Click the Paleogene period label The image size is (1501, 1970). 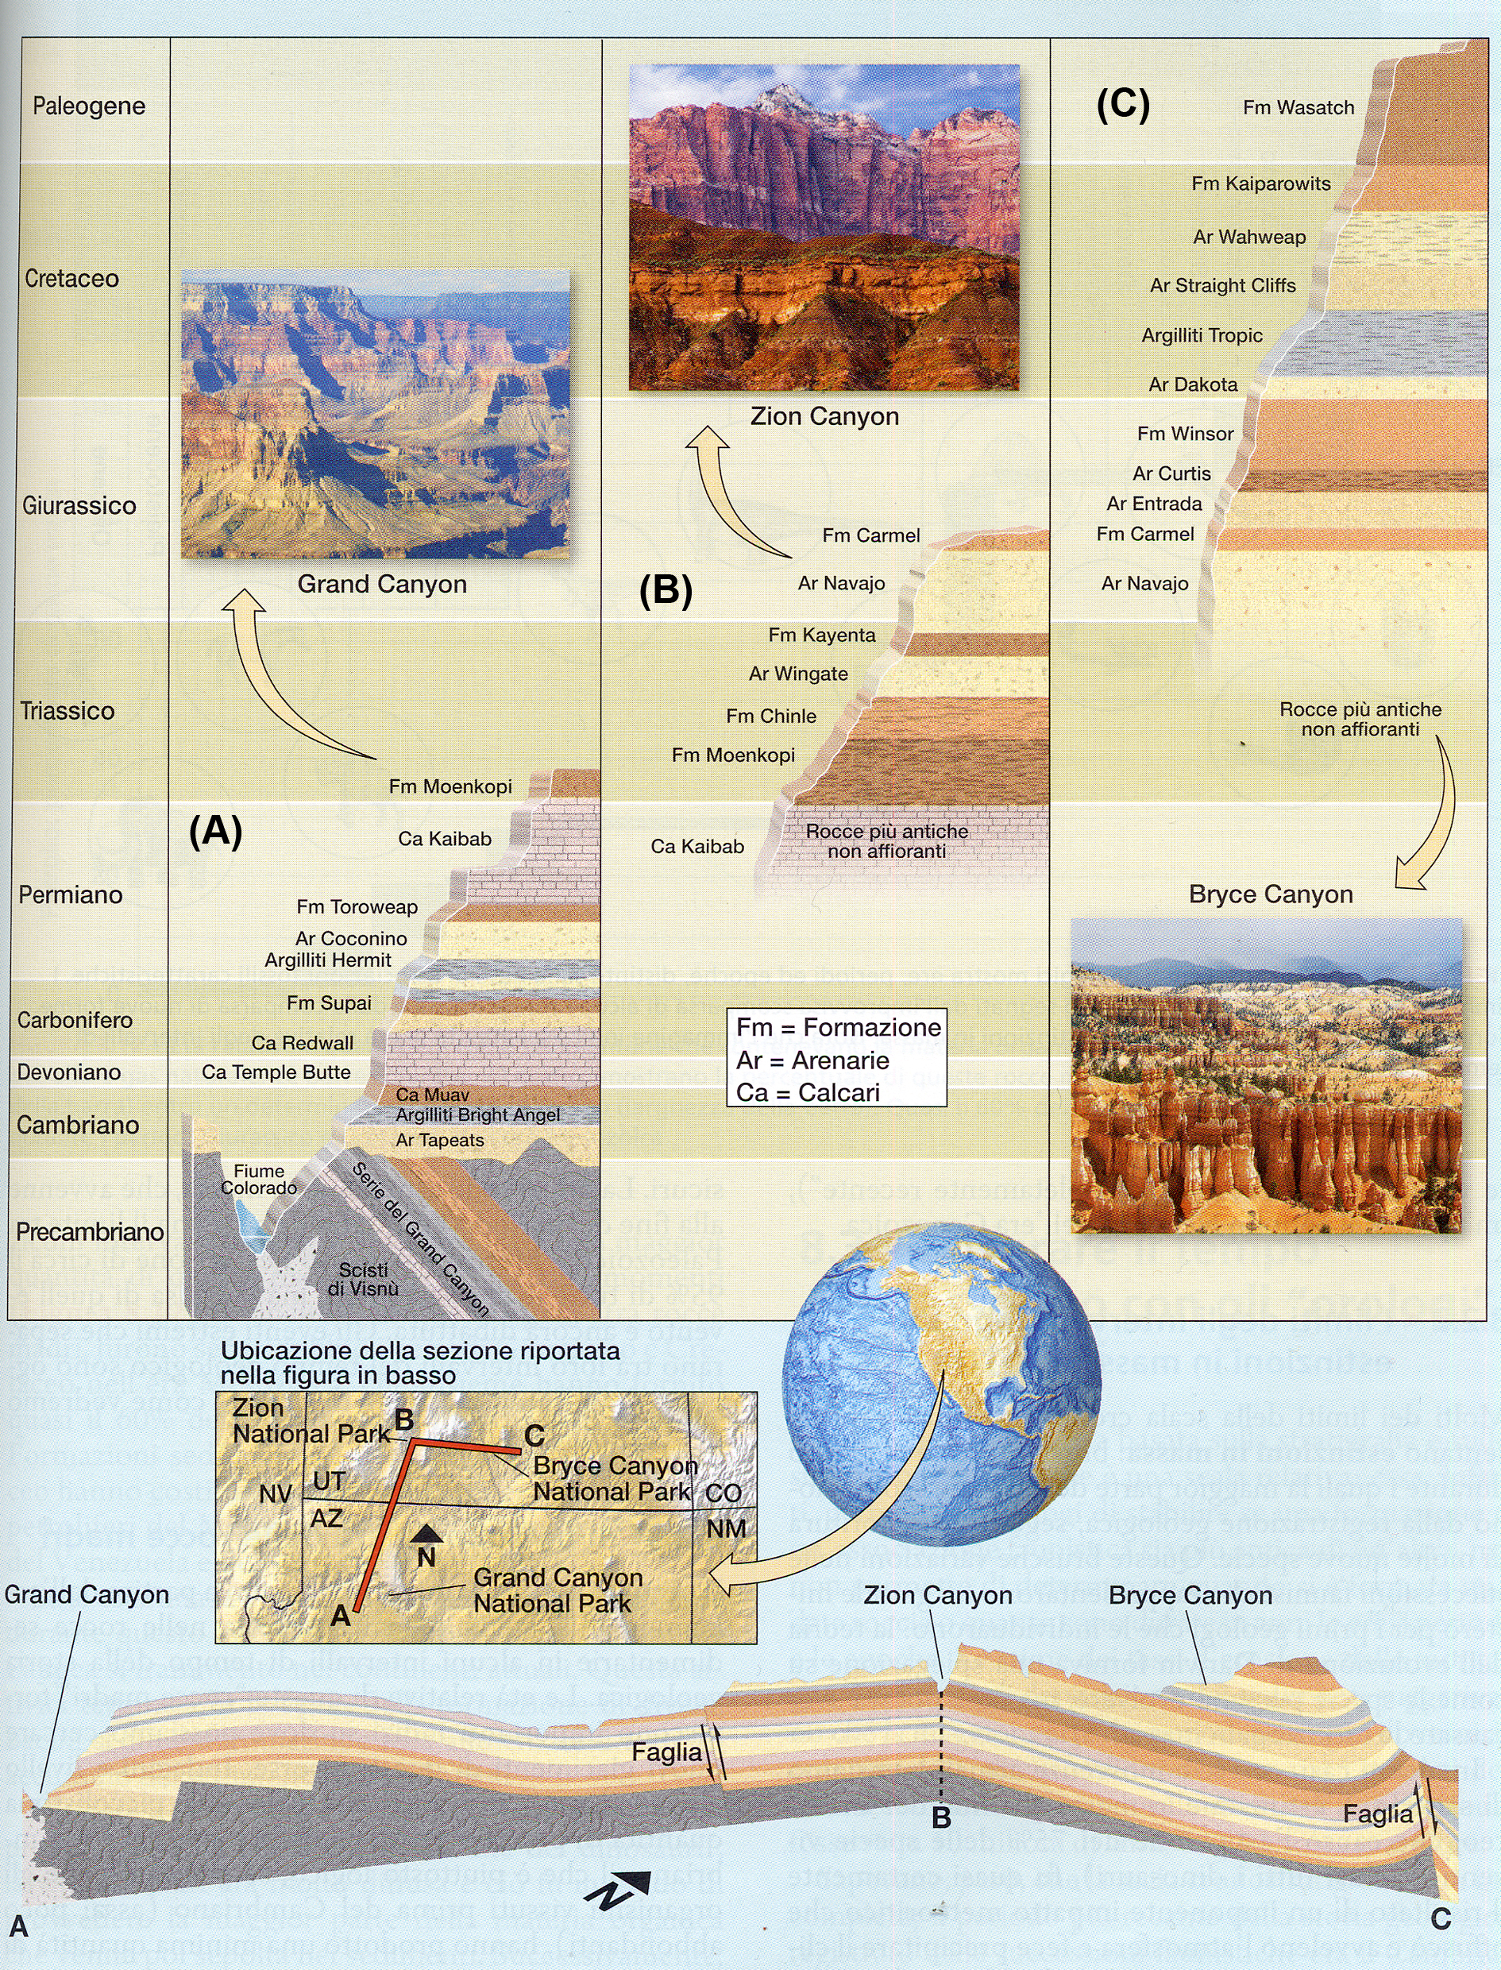[88, 106]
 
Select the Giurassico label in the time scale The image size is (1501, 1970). [79, 506]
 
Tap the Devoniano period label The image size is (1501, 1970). [69, 1072]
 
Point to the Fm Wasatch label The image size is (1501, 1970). [1298, 108]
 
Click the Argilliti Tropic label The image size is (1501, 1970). [1202, 336]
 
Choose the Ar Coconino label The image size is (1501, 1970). [351, 939]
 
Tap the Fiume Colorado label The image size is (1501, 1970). [259, 1180]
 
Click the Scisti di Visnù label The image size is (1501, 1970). [363, 1280]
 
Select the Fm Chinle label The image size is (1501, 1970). [771, 717]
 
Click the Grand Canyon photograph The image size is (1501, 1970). [375, 415]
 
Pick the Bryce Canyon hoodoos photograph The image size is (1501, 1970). [1266, 1076]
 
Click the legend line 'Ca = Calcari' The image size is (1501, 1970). [808, 1093]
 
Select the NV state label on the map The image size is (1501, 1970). [276, 1494]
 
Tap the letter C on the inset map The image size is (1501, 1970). [534, 1435]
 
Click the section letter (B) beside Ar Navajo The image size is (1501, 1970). [666, 592]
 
